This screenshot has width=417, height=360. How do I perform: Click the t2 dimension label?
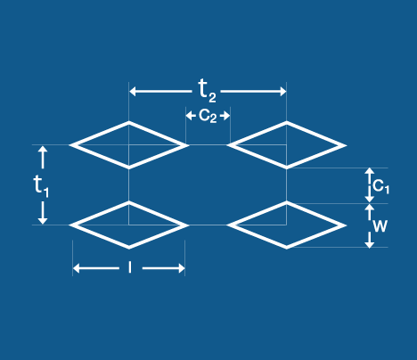click(207, 91)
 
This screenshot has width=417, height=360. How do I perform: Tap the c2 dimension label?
click(208, 116)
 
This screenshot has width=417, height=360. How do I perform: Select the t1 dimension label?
click(41, 185)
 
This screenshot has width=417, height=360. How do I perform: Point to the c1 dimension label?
click(380, 186)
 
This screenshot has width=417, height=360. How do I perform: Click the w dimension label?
click(380, 226)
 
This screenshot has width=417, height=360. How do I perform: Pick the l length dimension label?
click(130, 267)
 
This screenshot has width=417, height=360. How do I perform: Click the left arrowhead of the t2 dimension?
click(133, 91)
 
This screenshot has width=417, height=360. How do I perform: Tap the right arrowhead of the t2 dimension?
click(283, 91)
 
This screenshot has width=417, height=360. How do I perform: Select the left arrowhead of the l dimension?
click(76, 268)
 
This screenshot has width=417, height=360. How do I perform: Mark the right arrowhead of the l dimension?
click(182, 268)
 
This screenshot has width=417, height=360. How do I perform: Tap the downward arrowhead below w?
click(369, 244)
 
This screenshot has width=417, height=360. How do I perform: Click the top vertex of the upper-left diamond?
click(129, 121)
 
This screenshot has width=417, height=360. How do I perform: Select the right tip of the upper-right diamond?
click(347, 145)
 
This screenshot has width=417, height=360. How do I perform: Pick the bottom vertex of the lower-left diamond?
click(129, 249)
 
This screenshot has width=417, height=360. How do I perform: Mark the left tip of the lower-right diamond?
click(227, 225)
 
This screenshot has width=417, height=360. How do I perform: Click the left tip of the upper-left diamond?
click(69, 145)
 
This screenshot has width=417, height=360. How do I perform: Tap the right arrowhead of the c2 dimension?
click(227, 116)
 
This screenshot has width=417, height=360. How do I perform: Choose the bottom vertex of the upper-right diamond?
click(287, 169)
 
